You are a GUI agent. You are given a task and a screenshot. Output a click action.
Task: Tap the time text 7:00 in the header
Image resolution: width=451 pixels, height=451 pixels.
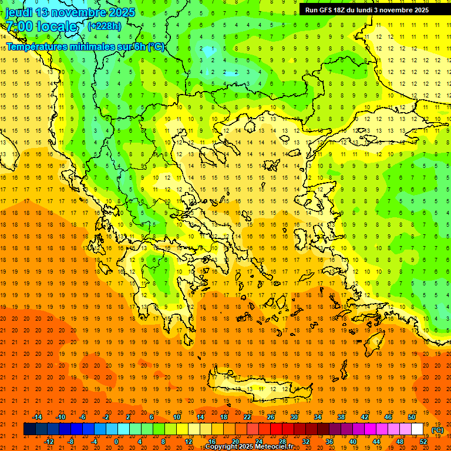click(18, 26)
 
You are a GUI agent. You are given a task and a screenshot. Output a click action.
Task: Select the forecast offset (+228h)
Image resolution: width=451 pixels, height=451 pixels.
click(105, 26)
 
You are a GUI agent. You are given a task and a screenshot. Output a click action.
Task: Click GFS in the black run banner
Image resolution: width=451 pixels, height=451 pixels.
click(328, 10)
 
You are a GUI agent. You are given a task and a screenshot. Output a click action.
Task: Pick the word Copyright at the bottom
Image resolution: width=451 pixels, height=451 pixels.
click(222, 447)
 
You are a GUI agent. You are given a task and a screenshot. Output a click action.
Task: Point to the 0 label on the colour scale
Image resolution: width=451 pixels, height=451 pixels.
click(116, 442)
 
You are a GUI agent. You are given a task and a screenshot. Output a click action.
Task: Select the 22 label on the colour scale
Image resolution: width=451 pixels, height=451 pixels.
click(247, 417)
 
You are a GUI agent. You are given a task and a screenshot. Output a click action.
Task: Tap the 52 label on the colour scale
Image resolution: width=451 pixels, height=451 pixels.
click(423, 442)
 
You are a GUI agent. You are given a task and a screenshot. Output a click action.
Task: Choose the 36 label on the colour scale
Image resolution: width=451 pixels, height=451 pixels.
click(329, 442)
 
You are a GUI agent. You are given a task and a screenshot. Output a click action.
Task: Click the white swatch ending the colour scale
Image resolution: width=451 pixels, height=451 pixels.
click(418, 429)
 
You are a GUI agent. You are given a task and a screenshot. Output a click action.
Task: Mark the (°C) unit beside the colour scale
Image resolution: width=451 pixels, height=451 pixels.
click(437, 430)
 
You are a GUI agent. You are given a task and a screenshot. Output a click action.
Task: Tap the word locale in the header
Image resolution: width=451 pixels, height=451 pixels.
click(56, 26)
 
